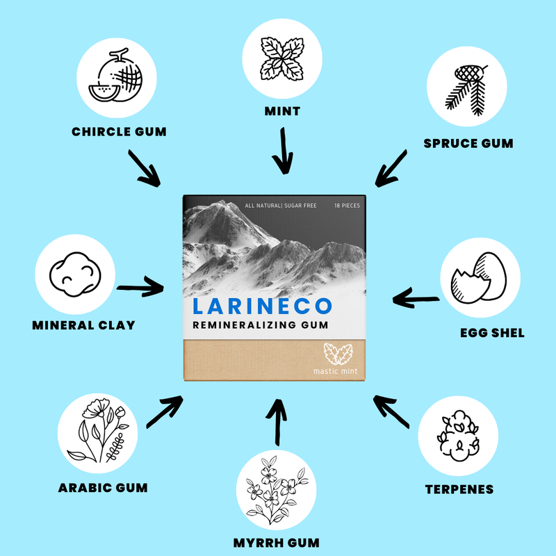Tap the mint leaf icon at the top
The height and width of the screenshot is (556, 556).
(x=282, y=58)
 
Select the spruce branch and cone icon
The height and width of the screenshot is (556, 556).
(x=466, y=90)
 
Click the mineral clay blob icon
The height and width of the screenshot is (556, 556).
(x=75, y=274)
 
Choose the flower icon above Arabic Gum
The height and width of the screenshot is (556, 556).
(x=98, y=430)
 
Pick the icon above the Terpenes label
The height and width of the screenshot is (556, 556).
(x=458, y=436)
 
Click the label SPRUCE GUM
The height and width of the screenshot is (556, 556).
(x=468, y=143)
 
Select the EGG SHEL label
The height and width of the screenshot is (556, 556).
(x=492, y=333)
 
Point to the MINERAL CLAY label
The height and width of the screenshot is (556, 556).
(x=83, y=325)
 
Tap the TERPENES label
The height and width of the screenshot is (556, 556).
(x=459, y=489)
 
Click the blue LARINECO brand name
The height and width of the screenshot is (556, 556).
(x=263, y=306)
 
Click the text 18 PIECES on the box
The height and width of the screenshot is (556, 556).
(x=347, y=206)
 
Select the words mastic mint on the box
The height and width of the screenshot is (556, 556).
(x=336, y=371)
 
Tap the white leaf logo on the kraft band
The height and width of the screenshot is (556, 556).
(x=338, y=354)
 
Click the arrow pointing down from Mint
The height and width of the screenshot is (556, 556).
(x=283, y=151)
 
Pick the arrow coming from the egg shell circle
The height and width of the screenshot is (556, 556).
(x=416, y=298)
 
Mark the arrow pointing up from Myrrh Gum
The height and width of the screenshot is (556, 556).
(x=277, y=422)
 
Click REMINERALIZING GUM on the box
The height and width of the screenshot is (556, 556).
(x=261, y=325)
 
